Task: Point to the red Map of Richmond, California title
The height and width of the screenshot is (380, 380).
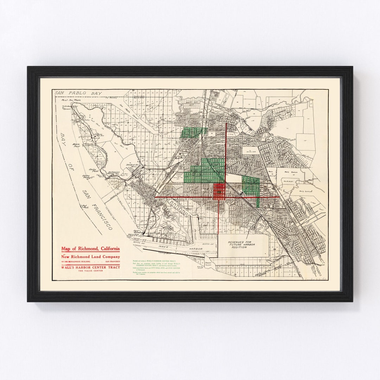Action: click(90, 249)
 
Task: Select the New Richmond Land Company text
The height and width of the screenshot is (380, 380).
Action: click(90, 256)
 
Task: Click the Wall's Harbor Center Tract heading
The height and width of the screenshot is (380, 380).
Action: click(90, 267)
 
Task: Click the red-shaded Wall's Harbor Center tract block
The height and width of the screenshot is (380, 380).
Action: click(219, 192)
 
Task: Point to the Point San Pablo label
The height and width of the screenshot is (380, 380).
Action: click(63, 100)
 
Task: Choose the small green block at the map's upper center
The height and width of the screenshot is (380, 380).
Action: click(193, 132)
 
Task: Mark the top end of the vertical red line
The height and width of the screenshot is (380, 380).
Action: click(226, 123)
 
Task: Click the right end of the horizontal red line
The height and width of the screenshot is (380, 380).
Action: click(279, 197)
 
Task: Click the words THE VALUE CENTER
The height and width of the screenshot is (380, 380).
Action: click(90, 271)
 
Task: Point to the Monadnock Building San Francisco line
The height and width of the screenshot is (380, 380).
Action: click(90, 262)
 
